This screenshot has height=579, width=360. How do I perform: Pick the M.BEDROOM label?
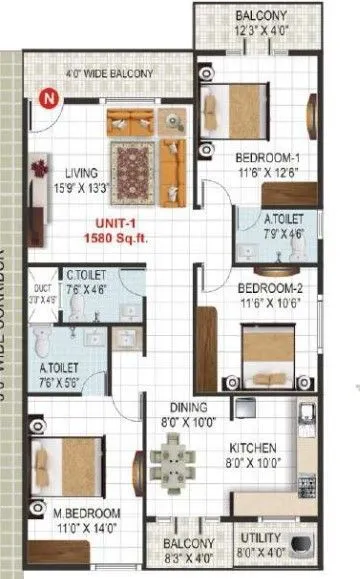point(87,514)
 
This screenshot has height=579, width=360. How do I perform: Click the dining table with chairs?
point(174,466)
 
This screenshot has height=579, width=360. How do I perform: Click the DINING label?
point(188,407)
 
